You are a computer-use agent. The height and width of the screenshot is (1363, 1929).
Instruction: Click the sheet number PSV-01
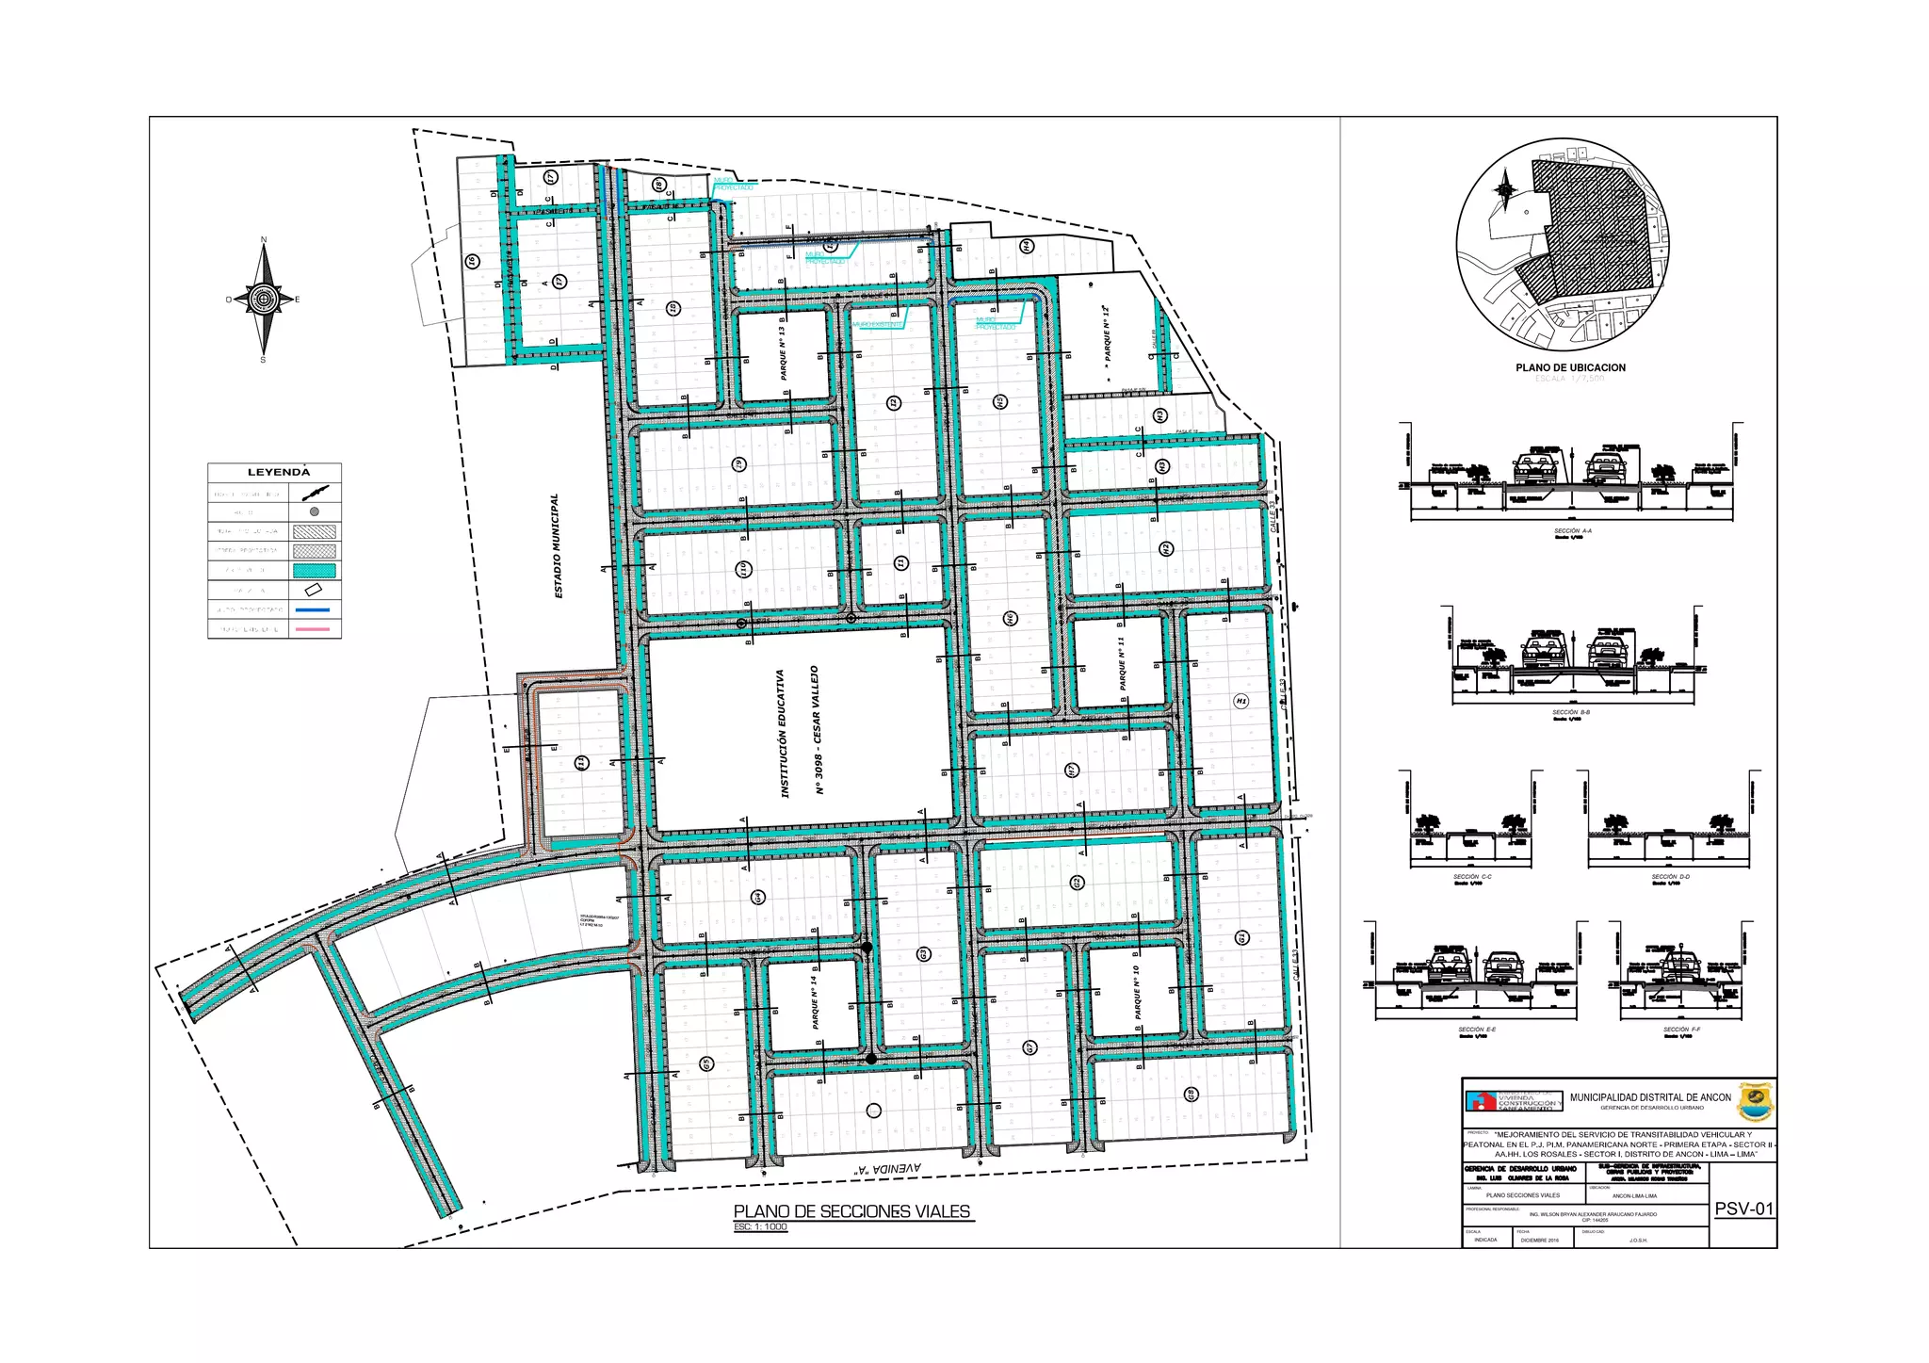point(1743,1209)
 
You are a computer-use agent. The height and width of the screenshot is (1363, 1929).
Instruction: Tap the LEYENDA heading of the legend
point(278,472)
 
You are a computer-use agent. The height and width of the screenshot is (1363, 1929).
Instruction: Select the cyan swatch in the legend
point(315,570)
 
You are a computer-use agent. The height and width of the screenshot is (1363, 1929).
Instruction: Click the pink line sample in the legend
point(315,628)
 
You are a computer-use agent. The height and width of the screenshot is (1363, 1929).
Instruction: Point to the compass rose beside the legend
point(264,300)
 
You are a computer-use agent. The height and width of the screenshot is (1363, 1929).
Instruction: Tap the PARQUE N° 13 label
point(783,353)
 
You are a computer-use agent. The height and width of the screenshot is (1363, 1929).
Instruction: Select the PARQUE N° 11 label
point(1122,663)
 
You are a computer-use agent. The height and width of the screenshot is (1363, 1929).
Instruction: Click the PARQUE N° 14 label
point(815,1002)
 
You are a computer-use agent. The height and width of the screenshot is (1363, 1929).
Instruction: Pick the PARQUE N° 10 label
point(1138,991)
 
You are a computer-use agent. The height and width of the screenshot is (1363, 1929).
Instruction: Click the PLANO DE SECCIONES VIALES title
point(851,1211)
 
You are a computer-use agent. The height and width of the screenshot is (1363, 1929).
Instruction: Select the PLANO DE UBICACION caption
point(1570,367)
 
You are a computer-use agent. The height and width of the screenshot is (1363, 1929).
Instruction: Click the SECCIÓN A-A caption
point(1572,531)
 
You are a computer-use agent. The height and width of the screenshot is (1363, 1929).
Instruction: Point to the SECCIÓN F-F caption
point(1681,1030)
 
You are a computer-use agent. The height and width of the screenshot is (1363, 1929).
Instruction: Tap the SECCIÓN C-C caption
point(1471,877)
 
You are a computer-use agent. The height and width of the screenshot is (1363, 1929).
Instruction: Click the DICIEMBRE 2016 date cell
point(1539,1240)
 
